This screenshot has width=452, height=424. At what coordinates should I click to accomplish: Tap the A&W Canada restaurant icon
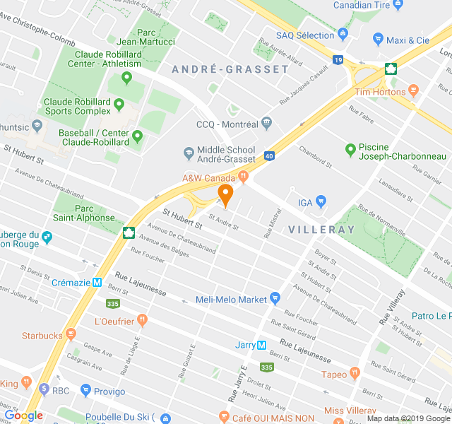tap(244, 177)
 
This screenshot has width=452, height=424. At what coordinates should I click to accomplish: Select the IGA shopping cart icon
tap(321, 201)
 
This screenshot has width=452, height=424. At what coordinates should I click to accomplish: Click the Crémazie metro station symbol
tap(97, 282)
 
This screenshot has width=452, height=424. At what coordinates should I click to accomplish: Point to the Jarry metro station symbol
tap(261, 346)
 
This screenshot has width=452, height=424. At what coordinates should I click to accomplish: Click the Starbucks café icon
tap(70, 334)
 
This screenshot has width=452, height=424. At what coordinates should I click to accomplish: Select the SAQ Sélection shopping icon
tap(343, 34)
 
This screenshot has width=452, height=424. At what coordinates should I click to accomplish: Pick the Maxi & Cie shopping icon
tap(378, 40)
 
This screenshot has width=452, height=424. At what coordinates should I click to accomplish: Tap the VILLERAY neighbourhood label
tap(321, 230)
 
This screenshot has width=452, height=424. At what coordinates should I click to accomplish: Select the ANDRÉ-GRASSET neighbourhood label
tap(230, 69)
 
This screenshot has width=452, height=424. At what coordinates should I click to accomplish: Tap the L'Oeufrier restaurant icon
tap(143, 319)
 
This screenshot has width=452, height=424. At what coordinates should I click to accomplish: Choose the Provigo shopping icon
tap(86, 390)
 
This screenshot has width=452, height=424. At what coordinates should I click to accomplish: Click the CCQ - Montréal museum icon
tap(266, 124)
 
